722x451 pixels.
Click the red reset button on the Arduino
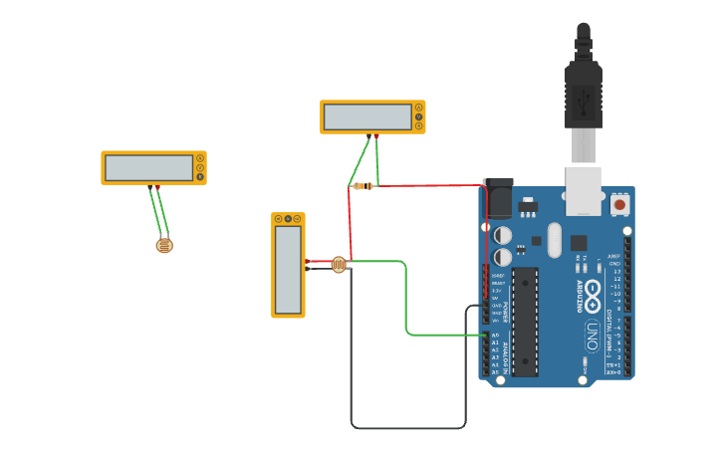click(x=619, y=204)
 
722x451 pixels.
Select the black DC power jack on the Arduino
click(x=497, y=198)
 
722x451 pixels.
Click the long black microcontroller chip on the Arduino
click(x=525, y=321)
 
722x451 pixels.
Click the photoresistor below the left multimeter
click(x=164, y=245)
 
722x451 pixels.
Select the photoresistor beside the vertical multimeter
click(x=339, y=265)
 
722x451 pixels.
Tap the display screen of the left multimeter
click(x=149, y=167)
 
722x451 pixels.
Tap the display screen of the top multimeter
click(x=367, y=116)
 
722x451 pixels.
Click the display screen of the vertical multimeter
click(x=288, y=269)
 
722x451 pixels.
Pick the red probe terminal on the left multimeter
click(x=157, y=186)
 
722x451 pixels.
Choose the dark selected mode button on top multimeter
click(x=418, y=116)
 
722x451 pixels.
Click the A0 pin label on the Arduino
click(x=495, y=336)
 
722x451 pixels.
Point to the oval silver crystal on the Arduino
click(x=554, y=239)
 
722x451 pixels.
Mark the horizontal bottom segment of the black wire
click(x=408, y=428)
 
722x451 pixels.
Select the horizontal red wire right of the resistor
click(x=428, y=185)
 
